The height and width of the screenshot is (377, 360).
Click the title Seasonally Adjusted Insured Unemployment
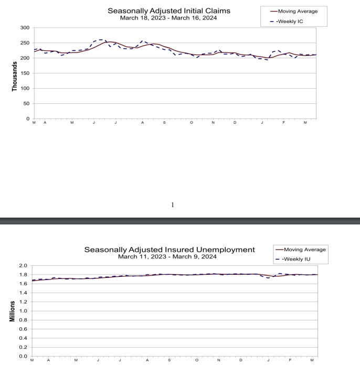click(170, 250)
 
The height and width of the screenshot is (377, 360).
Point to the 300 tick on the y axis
click(24, 27)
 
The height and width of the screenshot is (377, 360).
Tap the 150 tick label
click(24, 73)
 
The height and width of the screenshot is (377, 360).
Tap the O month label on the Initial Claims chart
click(192, 122)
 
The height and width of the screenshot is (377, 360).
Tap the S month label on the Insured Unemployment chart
click(169, 360)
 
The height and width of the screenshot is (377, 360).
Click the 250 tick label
click(24, 43)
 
